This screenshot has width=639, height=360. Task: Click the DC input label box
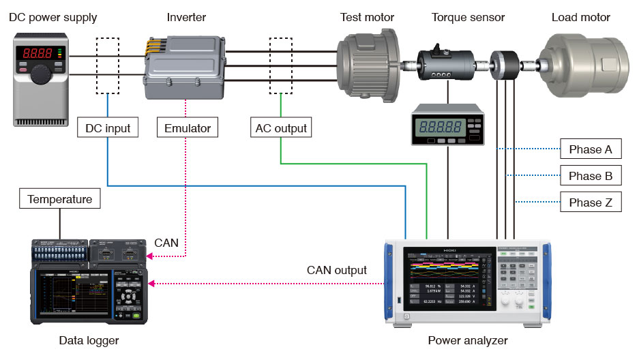coord(108,127)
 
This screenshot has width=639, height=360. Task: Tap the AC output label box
coord(281,127)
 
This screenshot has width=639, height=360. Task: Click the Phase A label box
coord(590,149)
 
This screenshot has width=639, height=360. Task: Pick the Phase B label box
coord(590,176)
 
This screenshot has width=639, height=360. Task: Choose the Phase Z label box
coord(590,202)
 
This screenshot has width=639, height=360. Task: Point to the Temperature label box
coord(59,200)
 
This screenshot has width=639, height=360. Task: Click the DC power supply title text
coord(53,17)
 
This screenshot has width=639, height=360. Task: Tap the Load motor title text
coord(580,17)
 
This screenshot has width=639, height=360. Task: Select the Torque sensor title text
coord(468,17)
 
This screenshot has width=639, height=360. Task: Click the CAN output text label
coord(336,271)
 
